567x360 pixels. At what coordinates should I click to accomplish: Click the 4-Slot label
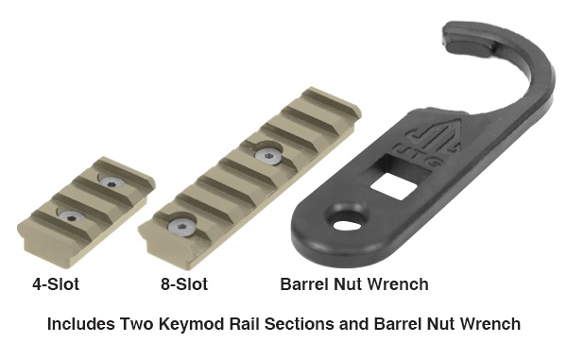(x=56, y=284)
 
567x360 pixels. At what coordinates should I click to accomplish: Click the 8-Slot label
(x=184, y=284)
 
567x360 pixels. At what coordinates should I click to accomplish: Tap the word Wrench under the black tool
(x=401, y=284)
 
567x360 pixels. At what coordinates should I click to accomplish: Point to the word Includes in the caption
(x=80, y=324)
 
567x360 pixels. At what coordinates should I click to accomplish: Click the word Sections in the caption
(x=299, y=324)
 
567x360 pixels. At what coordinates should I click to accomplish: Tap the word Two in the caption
(x=137, y=324)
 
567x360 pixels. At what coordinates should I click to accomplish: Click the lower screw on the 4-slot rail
(x=71, y=216)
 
